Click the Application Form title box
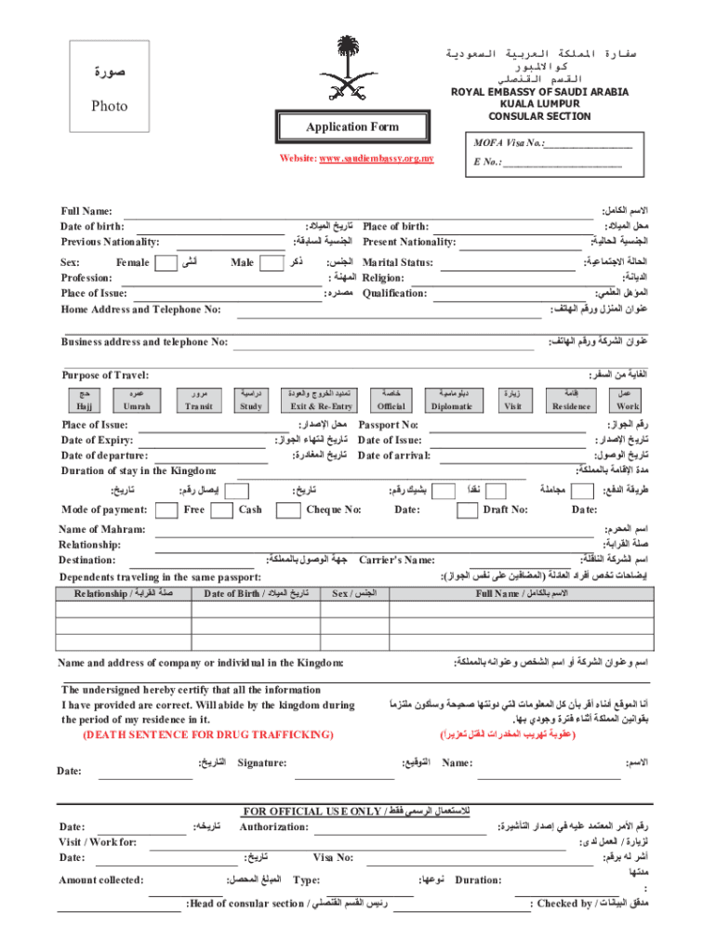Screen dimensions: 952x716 point(353,126)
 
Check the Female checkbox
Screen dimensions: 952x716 point(165,263)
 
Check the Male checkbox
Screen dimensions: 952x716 point(272,263)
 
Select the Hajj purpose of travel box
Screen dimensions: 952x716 point(84,401)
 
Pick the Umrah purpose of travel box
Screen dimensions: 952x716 point(137,401)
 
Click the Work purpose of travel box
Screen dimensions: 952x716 point(628,401)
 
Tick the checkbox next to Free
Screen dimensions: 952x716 point(166,509)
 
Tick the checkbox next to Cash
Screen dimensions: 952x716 point(222,509)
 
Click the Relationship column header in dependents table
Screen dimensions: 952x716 point(123,593)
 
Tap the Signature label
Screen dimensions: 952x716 point(261,763)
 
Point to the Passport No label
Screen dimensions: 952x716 point(389,424)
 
